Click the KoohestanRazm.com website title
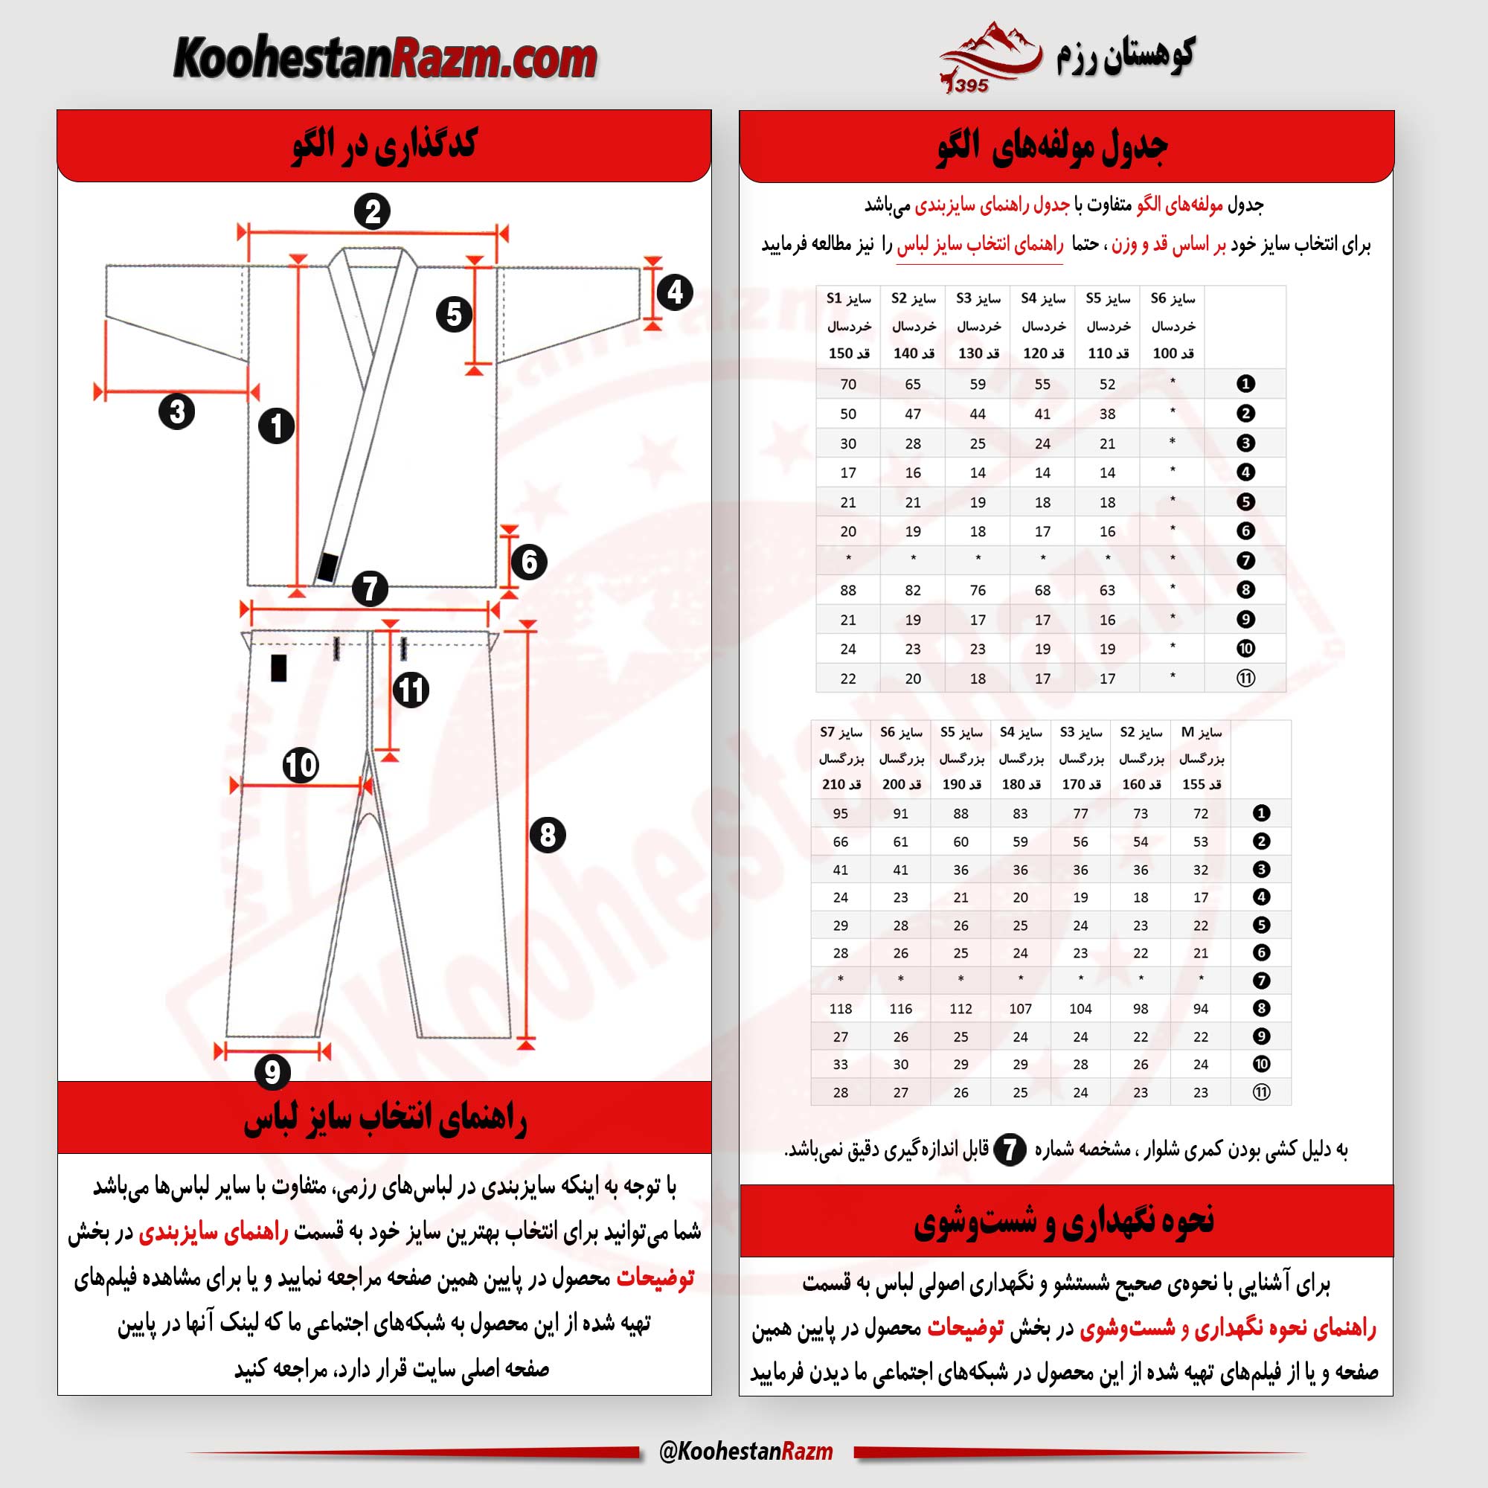tap(385, 60)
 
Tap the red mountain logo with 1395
tap(990, 59)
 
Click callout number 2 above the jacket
tap(373, 212)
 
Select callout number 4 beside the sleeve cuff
tap(675, 292)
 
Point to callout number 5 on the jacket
tap(454, 314)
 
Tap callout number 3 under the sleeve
tap(176, 411)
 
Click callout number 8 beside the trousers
tap(548, 835)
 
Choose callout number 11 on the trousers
tap(411, 690)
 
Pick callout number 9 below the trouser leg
tap(272, 1071)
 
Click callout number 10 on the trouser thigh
tap(301, 765)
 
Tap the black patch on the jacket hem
tap(327, 568)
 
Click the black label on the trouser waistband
tap(279, 668)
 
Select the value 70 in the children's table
tap(848, 384)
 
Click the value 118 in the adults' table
tap(840, 1008)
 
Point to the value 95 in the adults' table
tap(840, 813)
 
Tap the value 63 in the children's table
tap(1107, 590)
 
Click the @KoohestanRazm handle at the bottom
tap(745, 1452)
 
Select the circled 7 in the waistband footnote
tap(1010, 1150)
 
